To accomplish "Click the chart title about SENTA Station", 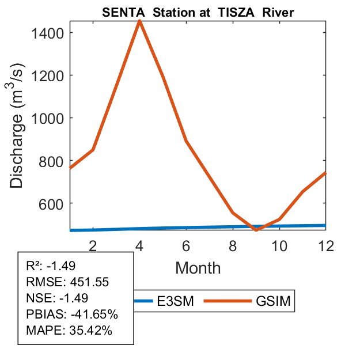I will (199, 13).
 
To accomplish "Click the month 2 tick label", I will (93, 245).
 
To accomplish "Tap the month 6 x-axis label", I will (186, 245).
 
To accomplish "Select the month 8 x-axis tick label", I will (233, 245).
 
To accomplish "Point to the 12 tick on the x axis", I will (325, 245).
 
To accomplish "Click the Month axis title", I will (198, 268).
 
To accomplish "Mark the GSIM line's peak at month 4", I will (139, 21).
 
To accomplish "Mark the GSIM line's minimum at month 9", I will (256, 230).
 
